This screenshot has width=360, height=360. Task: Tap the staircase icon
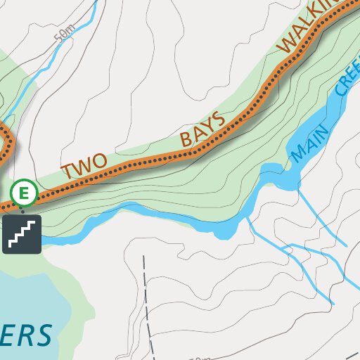click(22, 234)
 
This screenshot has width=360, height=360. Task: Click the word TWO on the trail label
click(84, 165)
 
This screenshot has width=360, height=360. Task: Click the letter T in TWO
click(68, 171)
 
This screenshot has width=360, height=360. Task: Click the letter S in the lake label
click(43, 335)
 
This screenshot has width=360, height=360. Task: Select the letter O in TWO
click(99, 160)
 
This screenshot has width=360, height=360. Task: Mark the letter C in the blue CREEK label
click(340, 90)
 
